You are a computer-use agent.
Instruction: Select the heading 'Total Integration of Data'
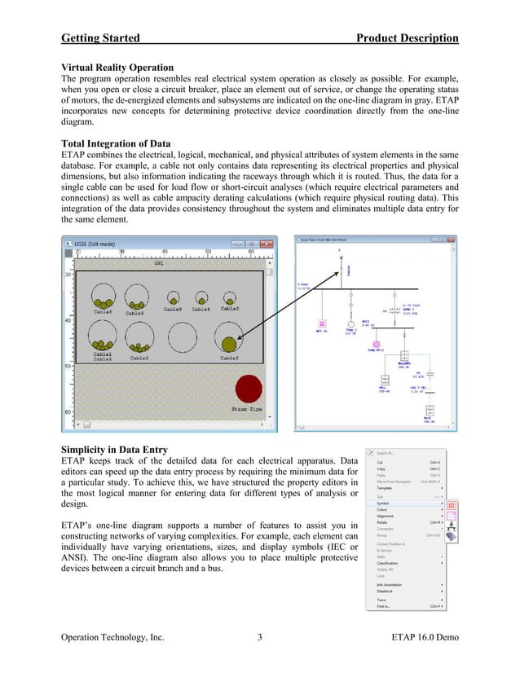pos(117,143)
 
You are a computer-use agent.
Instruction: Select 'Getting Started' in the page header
pos(100,38)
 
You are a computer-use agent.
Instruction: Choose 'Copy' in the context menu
pos(381,468)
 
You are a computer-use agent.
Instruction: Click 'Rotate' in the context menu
pos(382,521)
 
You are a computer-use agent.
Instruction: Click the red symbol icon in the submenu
pos(450,504)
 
